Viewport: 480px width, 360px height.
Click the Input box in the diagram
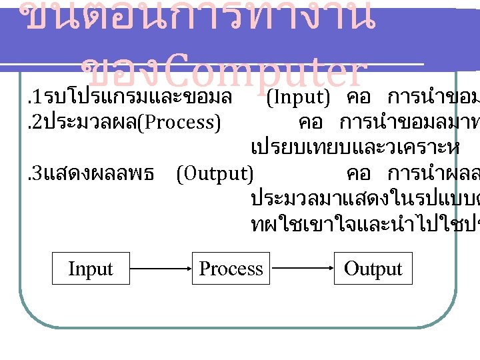pyautogui.click(x=91, y=269)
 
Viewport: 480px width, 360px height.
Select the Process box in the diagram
pyautogui.click(x=231, y=269)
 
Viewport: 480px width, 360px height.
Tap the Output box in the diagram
pyautogui.click(x=373, y=269)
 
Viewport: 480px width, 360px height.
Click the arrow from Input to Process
pyautogui.click(x=160, y=269)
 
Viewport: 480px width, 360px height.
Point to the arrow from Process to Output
pyautogui.click(x=302, y=269)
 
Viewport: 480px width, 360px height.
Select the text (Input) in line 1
pyautogui.click(x=298, y=98)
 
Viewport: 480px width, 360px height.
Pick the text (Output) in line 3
pyautogui.click(x=215, y=174)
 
